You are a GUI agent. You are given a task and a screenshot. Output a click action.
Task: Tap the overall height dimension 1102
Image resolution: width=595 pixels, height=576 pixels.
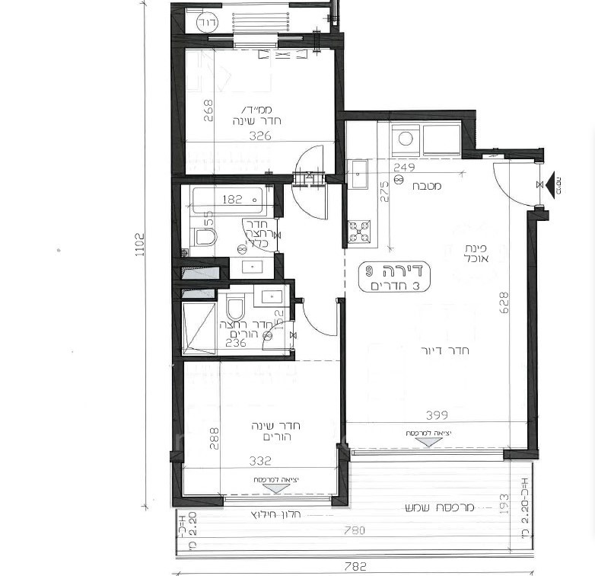pyautogui.click(x=140, y=244)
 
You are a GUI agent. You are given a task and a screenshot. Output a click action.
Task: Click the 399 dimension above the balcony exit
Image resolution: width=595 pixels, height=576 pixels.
pyautogui.click(x=436, y=415)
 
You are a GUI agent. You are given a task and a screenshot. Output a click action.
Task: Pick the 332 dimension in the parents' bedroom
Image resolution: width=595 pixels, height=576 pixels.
pyautogui.click(x=260, y=461)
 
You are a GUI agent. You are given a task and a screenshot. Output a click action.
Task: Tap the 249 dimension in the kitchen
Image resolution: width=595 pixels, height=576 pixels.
pyautogui.click(x=404, y=167)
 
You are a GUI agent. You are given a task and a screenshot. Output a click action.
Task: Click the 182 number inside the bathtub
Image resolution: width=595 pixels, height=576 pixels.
pyautogui.click(x=232, y=200)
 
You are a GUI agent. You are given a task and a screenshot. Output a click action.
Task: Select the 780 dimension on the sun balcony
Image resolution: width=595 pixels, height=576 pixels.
pyautogui.click(x=355, y=530)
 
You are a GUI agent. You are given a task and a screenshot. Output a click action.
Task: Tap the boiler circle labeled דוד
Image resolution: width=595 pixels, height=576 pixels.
pyautogui.click(x=205, y=22)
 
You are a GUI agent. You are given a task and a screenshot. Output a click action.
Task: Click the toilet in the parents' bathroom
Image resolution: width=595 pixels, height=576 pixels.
pyautogui.click(x=235, y=309)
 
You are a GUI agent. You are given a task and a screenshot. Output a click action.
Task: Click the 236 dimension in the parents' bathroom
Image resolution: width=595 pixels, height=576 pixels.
pyautogui.click(x=237, y=343)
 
